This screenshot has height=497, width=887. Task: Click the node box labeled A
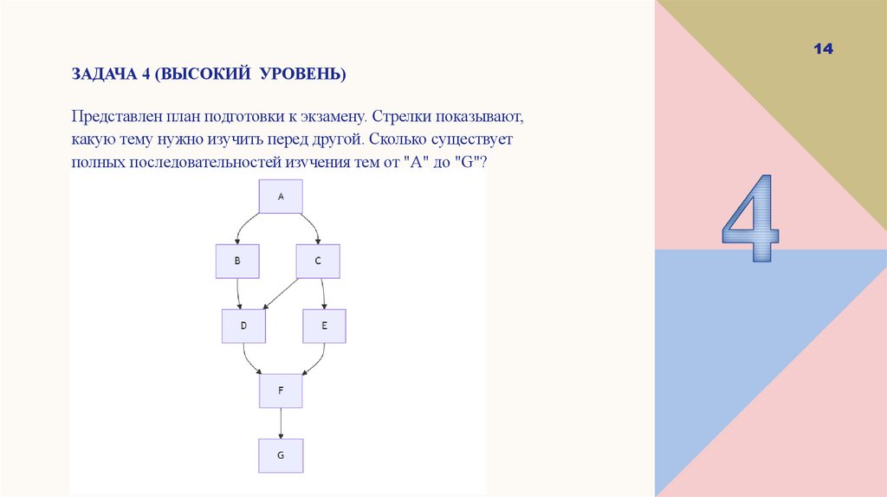281,197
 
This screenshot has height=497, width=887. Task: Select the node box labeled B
237,261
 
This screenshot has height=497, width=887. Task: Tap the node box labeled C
318,261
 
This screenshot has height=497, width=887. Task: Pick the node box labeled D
243,326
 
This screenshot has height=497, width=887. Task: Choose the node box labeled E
324,326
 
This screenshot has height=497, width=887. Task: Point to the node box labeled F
281,390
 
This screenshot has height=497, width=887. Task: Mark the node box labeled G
281,454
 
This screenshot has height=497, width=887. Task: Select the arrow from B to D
240,294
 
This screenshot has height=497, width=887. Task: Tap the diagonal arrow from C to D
281,294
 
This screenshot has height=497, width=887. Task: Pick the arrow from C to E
323,294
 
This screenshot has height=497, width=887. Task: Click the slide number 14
823,50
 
